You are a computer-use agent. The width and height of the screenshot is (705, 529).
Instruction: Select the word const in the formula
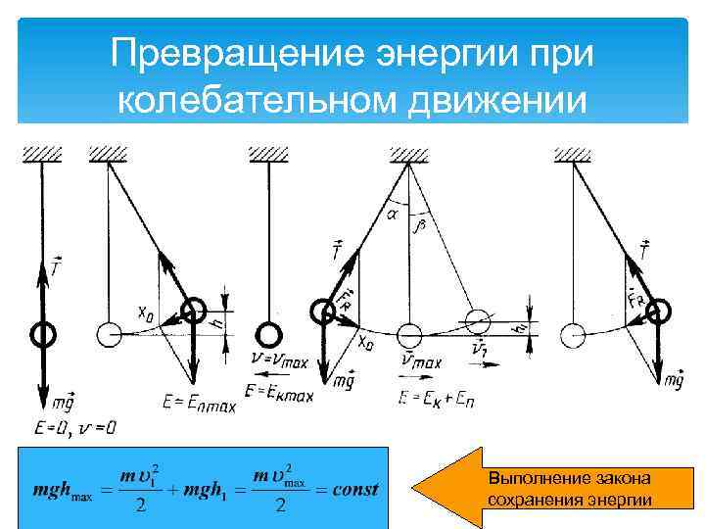(x=354, y=489)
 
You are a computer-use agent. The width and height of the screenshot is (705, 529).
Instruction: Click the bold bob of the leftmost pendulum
(x=42, y=334)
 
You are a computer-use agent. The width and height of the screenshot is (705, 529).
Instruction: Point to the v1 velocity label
(x=481, y=351)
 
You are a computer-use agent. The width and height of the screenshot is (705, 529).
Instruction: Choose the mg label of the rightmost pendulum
(x=673, y=379)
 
